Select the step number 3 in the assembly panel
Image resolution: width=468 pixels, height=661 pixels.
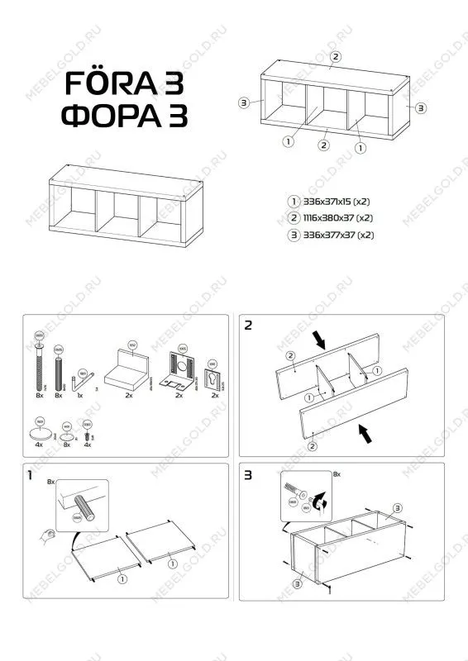248,475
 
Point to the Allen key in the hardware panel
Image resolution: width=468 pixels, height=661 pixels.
82,381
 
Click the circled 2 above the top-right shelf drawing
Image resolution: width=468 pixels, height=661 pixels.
335,56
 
